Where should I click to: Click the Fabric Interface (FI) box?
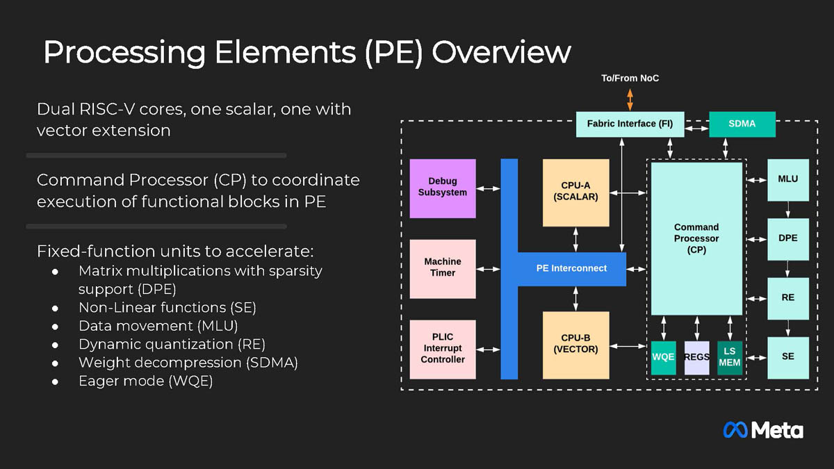630,124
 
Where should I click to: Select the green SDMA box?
742,124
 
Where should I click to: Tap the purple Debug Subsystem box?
443,188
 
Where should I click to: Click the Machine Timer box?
443,268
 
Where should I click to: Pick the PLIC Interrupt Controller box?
443,349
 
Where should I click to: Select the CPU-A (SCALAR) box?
575,192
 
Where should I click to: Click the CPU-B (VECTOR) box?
575,345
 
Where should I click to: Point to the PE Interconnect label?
571,268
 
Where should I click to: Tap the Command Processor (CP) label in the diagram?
696,238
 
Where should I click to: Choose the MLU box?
787,179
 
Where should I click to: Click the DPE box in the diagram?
787,238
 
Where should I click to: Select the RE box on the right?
787,298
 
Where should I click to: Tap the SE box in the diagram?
787,357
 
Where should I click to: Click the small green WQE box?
663,357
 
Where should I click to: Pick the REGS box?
696,357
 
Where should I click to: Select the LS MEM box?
730,357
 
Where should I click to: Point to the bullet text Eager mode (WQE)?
145,381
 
